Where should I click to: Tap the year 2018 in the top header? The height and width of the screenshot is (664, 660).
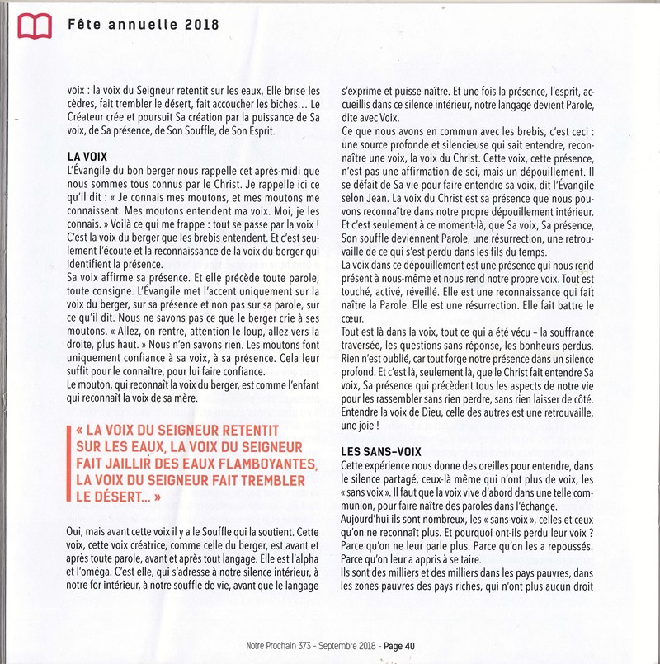(x=202, y=24)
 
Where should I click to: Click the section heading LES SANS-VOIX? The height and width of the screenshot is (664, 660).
(x=381, y=451)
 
